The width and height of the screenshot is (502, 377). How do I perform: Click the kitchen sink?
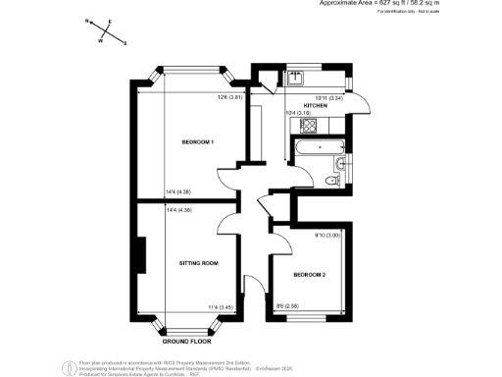[x=295, y=77]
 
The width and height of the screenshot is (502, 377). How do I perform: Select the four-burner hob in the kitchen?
[x=294, y=125]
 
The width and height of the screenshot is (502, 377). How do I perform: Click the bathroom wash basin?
[x=338, y=162]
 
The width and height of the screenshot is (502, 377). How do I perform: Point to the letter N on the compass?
[x=87, y=20]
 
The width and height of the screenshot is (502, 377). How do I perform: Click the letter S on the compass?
[x=125, y=42]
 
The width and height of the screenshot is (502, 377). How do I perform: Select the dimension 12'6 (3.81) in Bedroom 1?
[x=228, y=96]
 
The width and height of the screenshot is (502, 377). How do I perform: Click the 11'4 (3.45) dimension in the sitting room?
[x=219, y=307]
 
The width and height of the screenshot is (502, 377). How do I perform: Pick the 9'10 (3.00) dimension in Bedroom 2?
[x=326, y=235]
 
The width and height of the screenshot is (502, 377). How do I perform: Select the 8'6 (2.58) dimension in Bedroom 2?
[x=285, y=307]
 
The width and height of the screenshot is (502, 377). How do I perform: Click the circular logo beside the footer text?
[x=68, y=367]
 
